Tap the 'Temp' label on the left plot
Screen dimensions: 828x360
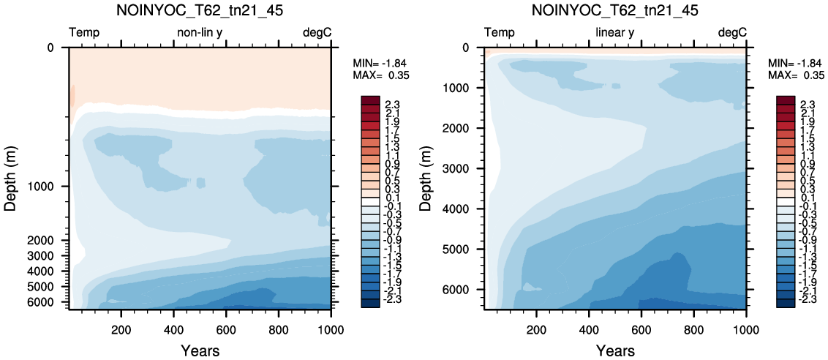tap(85, 34)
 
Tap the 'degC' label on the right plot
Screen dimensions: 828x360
tap(732, 34)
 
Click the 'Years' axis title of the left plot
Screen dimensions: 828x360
tap(200, 350)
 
